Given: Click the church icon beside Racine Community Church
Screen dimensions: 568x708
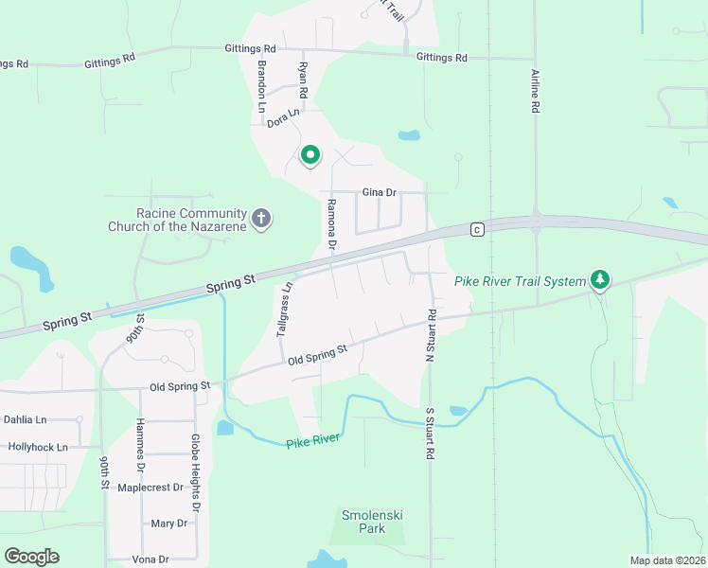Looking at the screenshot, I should click(261, 220).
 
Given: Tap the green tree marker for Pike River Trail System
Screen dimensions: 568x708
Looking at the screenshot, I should click(599, 279).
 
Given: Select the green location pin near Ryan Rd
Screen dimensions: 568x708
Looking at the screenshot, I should click(310, 155).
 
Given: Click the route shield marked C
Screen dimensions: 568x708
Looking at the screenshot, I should click(477, 229).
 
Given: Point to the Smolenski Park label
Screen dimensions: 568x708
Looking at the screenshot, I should click(373, 522).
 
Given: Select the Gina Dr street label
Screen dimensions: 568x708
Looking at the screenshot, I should click(379, 192).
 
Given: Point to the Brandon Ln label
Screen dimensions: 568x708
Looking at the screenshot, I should click(262, 87).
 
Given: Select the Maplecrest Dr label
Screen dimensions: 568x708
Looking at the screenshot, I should click(151, 488).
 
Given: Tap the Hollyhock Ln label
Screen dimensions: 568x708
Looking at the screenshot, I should click(38, 447).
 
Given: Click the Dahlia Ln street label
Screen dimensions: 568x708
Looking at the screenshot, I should click(26, 419).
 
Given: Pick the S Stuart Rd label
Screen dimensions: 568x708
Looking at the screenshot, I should click(429, 433).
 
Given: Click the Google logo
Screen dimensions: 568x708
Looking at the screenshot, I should click(31, 556).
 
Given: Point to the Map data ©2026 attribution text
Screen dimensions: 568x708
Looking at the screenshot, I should click(666, 560).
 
